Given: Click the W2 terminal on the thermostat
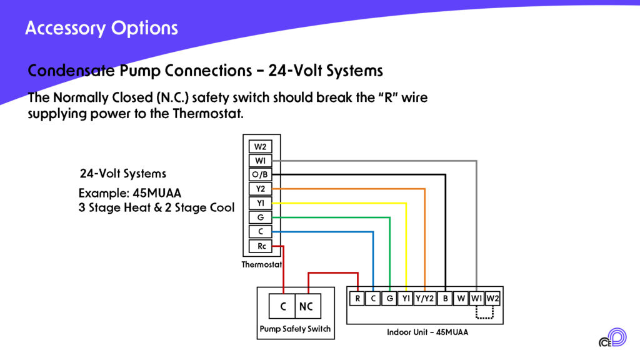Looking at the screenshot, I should [x=260, y=147].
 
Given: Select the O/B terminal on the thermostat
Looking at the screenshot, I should [x=260, y=175].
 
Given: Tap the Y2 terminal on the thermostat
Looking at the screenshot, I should [x=260, y=189].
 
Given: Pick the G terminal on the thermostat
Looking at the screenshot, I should [x=260, y=217].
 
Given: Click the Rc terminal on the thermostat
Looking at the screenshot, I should [x=261, y=246].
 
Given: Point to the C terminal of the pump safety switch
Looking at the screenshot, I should [x=282, y=306].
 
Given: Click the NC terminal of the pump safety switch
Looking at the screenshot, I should [x=306, y=306].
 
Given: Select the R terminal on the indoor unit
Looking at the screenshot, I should [x=357, y=299].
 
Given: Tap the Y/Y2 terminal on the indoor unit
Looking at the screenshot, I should [x=424, y=299].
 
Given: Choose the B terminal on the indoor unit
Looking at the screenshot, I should [x=445, y=299].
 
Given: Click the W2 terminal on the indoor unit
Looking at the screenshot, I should [x=492, y=299].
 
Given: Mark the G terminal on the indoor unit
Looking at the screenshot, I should [x=389, y=299].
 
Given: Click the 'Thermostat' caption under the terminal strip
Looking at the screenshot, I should [x=262, y=264].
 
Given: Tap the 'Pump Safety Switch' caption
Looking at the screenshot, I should [x=295, y=329].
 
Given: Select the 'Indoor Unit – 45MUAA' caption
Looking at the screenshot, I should [x=427, y=332].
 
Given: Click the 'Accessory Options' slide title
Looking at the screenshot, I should [x=101, y=28].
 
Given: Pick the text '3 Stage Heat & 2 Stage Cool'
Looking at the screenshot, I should [x=156, y=207].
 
